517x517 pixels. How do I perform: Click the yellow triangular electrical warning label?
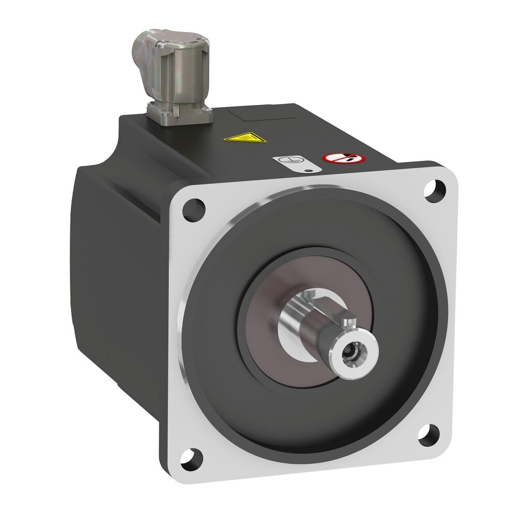tap(238, 138)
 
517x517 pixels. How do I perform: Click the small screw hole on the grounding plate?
tap(308, 169)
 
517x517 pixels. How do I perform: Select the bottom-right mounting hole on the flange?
tap(429, 436)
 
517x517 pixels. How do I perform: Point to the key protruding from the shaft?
tap(349, 324)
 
